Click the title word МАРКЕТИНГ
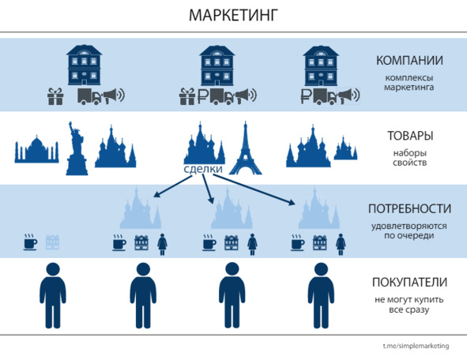point(234,15)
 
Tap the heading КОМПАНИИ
point(409,61)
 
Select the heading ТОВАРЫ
point(410,136)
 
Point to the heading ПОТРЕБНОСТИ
point(409,208)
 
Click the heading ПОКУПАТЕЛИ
point(409,282)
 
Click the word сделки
point(203,169)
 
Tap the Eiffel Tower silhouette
point(245,148)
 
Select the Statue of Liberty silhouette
point(77,148)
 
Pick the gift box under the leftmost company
point(55,96)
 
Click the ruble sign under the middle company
point(202,96)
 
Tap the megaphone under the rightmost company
point(349,96)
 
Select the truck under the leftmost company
point(89,96)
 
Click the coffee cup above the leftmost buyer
point(30,242)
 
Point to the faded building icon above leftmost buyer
point(52,242)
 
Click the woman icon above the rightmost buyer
point(341,244)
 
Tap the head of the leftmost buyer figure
point(53,269)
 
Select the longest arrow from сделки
point(254,189)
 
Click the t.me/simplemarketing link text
point(416,346)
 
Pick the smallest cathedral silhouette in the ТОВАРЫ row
point(345,148)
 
